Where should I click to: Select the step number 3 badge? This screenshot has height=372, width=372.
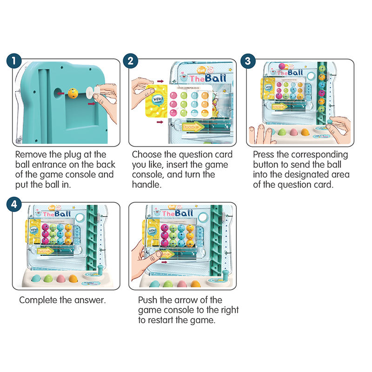click(249, 61)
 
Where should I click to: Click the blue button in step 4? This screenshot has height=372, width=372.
click(35, 279)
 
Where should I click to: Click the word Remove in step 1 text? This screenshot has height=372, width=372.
click(30, 154)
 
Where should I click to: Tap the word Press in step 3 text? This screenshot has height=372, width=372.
click(264, 154)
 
